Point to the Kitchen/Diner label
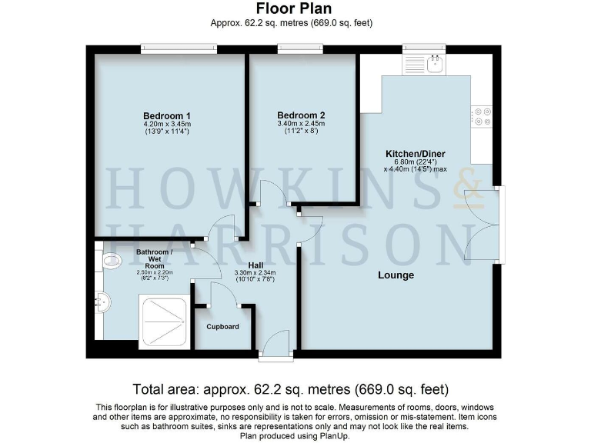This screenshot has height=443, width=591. coord(416,154)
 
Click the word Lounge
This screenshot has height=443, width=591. coord(396,275)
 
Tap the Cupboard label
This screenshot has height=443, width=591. coord(222,327)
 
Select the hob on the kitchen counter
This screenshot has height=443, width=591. coord(482,116)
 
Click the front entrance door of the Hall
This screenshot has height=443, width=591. coord(275,348)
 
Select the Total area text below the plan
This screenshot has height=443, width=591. coord(290,388)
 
